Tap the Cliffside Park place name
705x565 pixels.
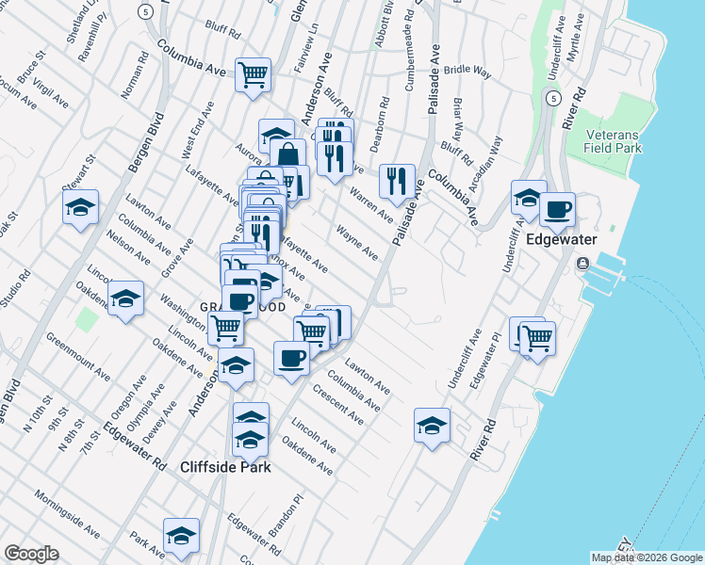[226, 467]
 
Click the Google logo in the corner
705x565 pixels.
[31, 554]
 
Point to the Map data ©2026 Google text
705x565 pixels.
[647, 557]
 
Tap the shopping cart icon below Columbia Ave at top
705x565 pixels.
[254, 74]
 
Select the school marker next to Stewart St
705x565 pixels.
[81, 207]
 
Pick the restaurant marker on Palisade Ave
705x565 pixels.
[397, 181]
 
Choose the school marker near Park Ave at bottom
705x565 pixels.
[181, 535]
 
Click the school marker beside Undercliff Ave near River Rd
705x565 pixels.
[529, 198]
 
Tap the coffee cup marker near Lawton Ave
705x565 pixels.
[291, 358]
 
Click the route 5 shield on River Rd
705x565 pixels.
[553, 98]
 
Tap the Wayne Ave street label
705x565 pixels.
[357, 243]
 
